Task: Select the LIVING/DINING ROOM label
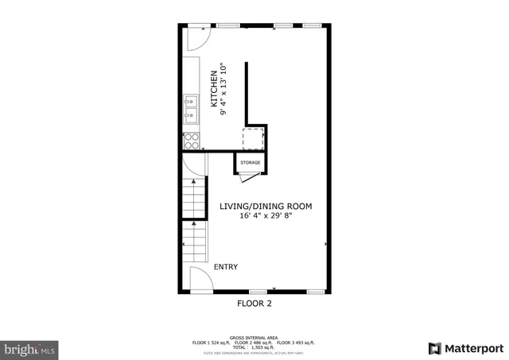[x=266, y=206]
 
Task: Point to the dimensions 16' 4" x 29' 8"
[x=266, y=215]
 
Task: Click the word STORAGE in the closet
[x=251, y=162]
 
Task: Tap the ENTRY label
[x=225, y=267]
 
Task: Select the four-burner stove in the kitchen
[x=192, y=141]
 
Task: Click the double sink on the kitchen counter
[x=191, y=110]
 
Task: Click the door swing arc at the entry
[x=201, y=280]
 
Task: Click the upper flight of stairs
[x=193, y=199]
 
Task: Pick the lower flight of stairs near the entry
[x=194, y=242]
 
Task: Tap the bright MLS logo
[x=30, y=348]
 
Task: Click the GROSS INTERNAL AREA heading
[x=254, y=337]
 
